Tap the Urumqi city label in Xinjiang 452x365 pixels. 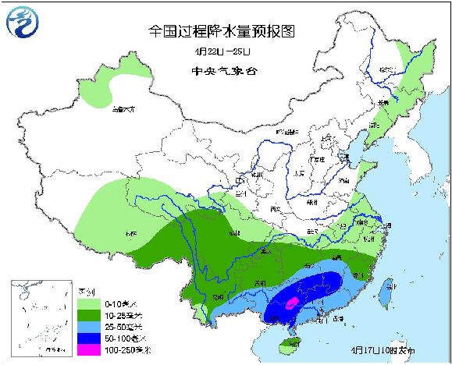tap(123, 110)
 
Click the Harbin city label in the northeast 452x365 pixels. tap(385, 70)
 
